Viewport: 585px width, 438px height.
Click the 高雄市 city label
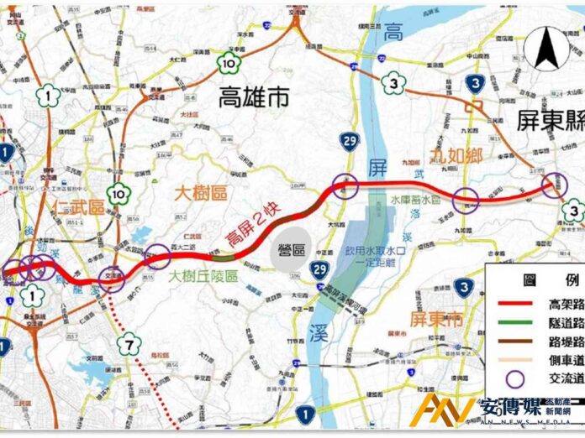(x=253, y=97)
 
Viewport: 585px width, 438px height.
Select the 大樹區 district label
(x=201, y=192)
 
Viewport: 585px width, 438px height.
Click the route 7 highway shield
(x=129, y=342)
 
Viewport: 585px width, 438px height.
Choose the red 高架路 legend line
(x=509, y=304)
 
